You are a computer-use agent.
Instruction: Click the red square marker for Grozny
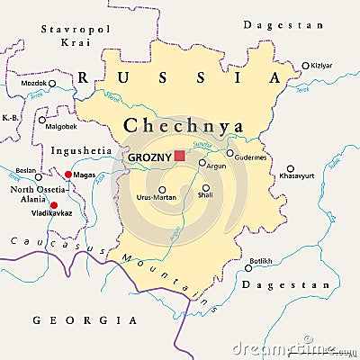(x=179, y=156)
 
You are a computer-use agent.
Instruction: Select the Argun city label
(x=217, y=166)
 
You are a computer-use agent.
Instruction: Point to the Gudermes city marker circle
(x=230, y=153)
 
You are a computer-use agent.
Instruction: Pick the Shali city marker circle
(x=206, y=188)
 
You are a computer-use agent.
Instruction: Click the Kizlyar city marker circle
(x=305, y=65)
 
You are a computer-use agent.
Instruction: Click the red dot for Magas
(x=68, y=175)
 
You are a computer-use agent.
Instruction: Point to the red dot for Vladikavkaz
(x=53, y=205)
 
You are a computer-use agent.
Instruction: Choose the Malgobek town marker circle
(x=41, y=118)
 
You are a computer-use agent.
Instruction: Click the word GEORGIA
(x=85, y=319)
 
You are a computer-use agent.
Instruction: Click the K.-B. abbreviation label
(x=11, y=118)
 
